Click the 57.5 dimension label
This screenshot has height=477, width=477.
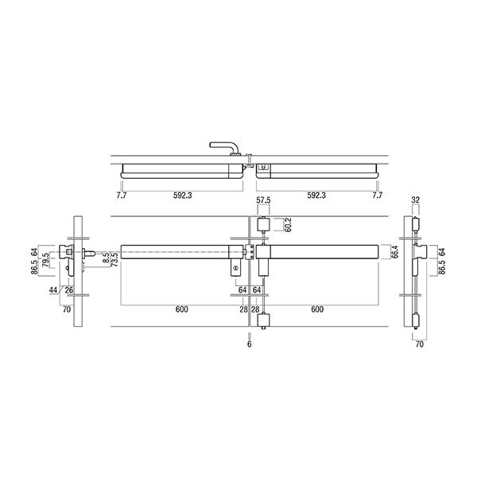tap(263, 200)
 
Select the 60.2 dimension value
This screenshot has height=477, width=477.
tap(288, 225)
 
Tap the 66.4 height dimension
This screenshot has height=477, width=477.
tap(394, 252)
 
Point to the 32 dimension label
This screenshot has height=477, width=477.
tap(415, 200)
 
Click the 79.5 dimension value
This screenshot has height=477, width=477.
tap(45, 260)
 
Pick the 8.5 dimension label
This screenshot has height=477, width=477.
tap(106, 258)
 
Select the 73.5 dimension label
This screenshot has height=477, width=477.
tap(115, 259)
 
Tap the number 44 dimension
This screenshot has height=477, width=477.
tap(53, 290)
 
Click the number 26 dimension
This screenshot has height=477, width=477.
tap(69, 290)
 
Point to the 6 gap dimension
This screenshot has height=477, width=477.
tap(250, 344)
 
